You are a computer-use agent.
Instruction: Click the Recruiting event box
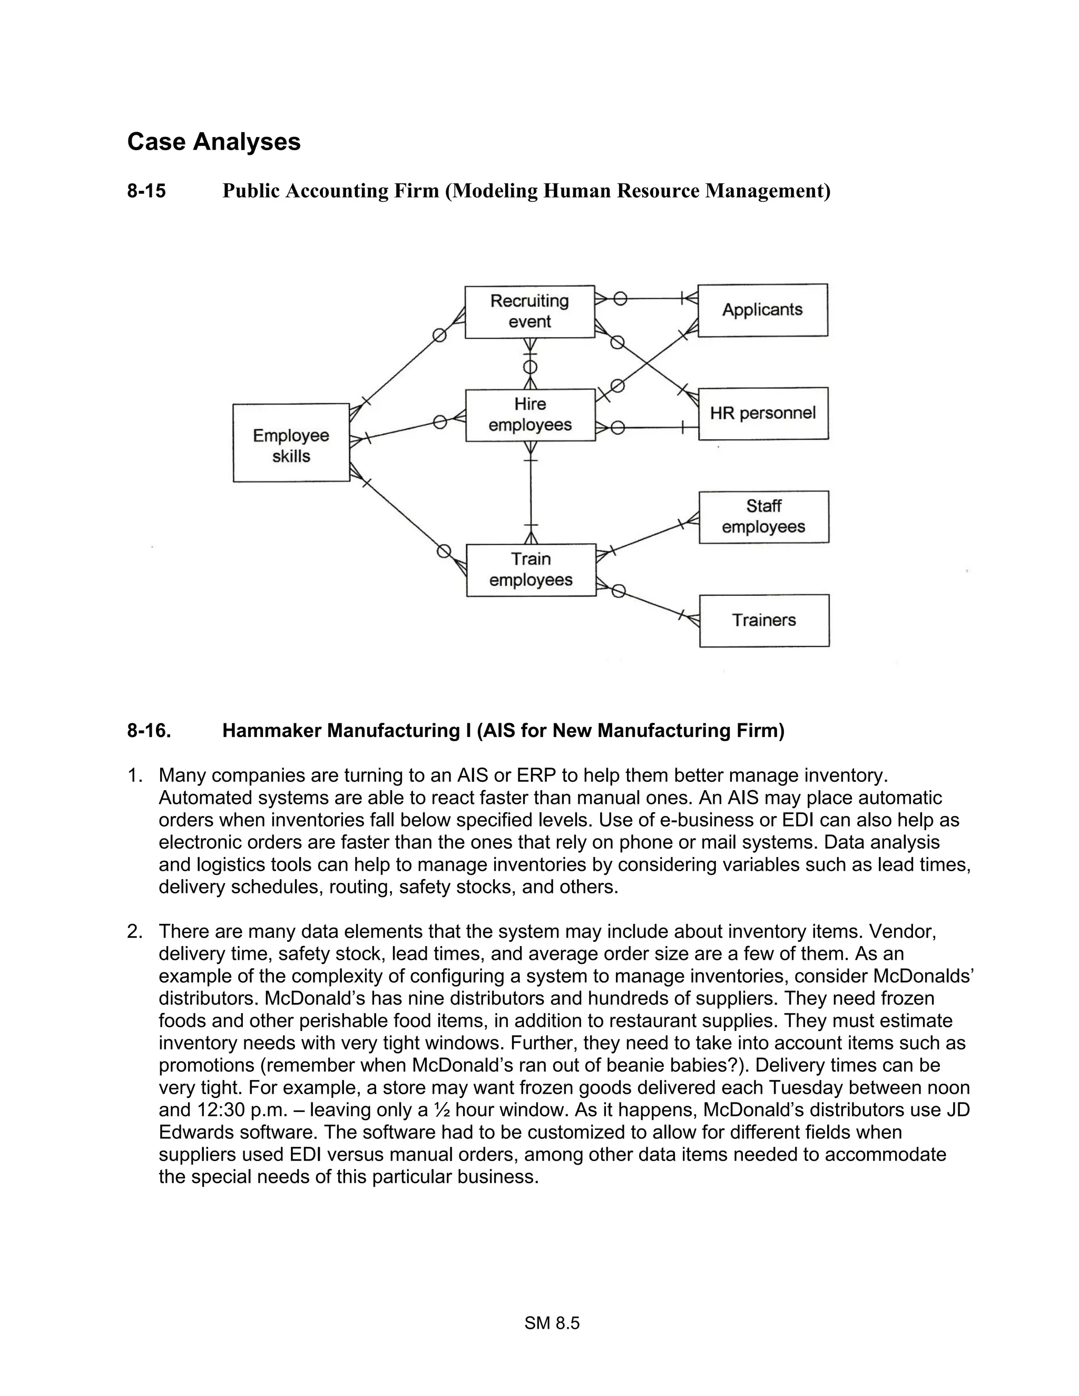(529, 311)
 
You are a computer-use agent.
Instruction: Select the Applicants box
(762, 310)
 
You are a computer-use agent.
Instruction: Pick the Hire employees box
(530, 415)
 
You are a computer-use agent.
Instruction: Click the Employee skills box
(291, 443)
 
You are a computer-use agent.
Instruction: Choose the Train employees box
(531, 569)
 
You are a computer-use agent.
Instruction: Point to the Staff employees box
(763, 517)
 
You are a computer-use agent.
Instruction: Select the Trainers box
(764, 621)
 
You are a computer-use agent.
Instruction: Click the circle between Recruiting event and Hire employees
(530, 367)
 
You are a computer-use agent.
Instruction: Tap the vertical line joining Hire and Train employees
(531, 492)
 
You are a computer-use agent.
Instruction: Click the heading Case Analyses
(213, 141)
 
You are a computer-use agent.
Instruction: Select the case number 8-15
(146, 191)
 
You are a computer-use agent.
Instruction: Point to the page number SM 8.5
(552, 1323)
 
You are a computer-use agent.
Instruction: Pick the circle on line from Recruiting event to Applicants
(620, 299)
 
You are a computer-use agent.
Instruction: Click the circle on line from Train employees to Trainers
(618, 591)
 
